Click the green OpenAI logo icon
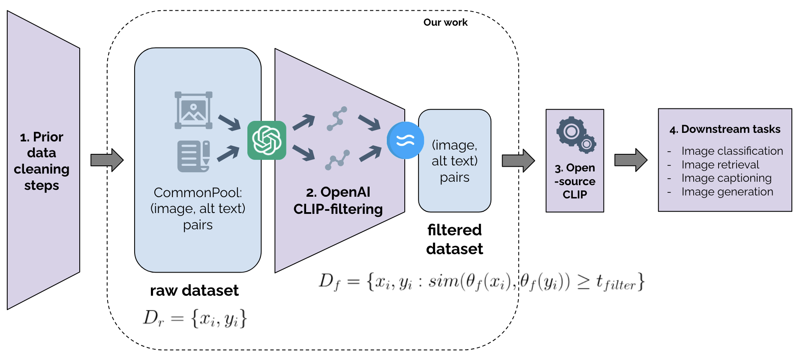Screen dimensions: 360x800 (267, 140)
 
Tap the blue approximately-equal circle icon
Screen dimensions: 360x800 (405, 140)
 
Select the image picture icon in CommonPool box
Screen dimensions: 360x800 (193, 110)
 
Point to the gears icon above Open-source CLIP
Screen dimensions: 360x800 (576, 135)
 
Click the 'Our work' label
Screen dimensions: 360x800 (445, 22)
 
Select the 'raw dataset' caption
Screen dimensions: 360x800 (194, 291)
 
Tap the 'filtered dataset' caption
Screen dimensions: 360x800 (454, 239)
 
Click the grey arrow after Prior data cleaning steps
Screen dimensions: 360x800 (107, 160)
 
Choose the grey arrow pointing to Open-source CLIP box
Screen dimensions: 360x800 (518, 161)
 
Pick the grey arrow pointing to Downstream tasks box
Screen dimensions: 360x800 (630, 160)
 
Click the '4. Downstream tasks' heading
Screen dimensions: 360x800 (725, 129)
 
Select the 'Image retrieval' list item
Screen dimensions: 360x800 (720, 165)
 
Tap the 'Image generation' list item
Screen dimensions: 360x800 (727, 192)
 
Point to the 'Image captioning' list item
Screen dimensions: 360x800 (726, 178)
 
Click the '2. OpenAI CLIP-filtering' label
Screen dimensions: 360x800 (338, 201)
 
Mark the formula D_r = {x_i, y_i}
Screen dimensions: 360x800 (195, 318)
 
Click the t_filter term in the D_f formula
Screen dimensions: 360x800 (615, 283)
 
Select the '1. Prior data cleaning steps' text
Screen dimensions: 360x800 (42, 161)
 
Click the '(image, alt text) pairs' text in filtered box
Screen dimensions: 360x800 (454, 161)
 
